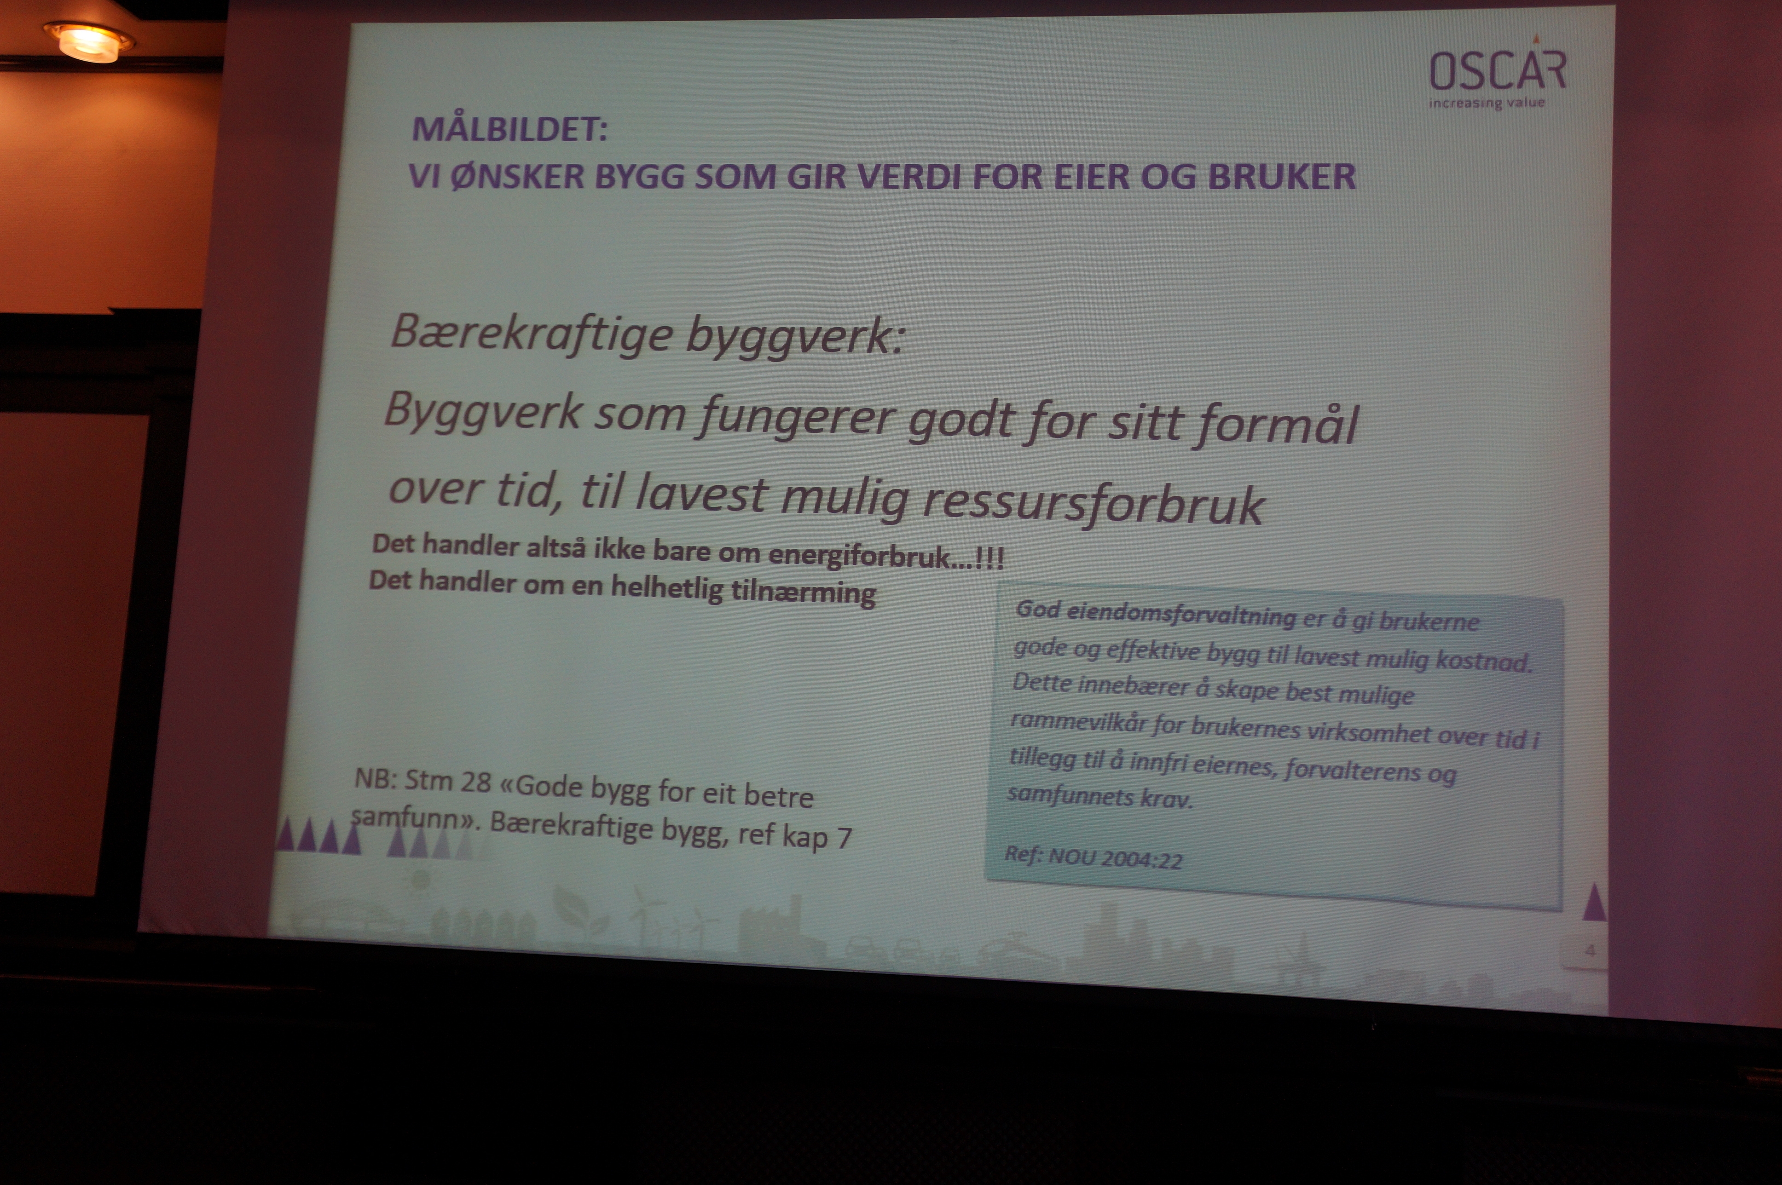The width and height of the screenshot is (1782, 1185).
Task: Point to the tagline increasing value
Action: click(x=1487, y=103)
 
